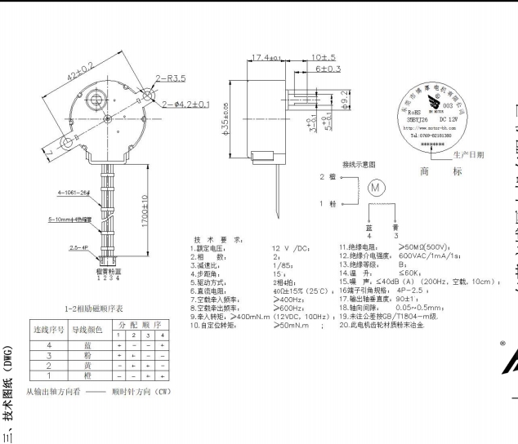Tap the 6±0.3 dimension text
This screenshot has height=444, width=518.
pyautogui.click(x=328, y=69)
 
